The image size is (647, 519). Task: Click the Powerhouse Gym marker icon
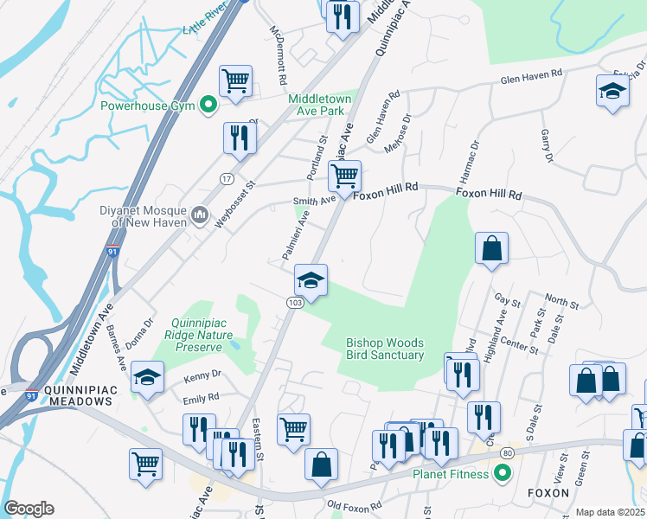(x=208, y=106)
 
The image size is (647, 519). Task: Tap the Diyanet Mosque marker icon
(x=200, y=214)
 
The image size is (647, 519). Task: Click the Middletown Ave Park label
(x=320, y=106)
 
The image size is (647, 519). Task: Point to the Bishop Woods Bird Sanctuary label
(x=385, y=349)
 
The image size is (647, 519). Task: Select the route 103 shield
(x=294, y=302)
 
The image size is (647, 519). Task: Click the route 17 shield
(x=226, y=178)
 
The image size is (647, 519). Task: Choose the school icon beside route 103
(x=311, y=281)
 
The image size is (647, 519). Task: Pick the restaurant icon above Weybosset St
(x=240, y=138)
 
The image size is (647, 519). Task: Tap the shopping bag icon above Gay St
(x=491, y=248)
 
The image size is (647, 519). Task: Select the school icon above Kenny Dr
(x=148, y=378)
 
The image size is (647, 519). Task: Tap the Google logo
(x=29, y=509)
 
